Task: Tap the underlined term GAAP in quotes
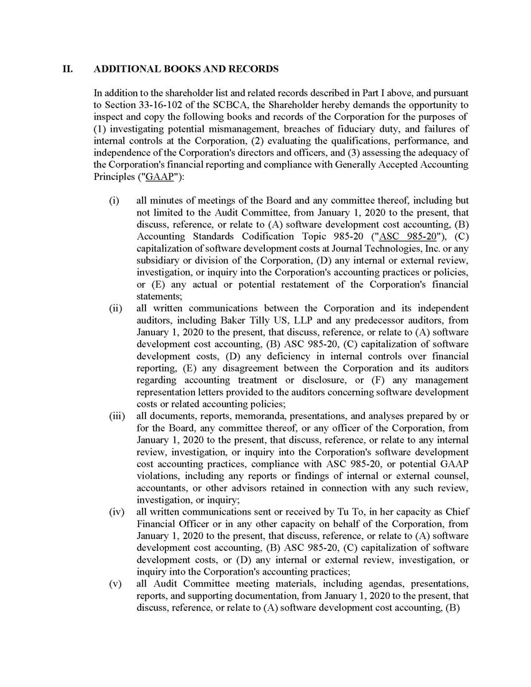coord(157,177)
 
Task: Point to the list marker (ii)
coord(115,308)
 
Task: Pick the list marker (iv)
coord(116,512)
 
